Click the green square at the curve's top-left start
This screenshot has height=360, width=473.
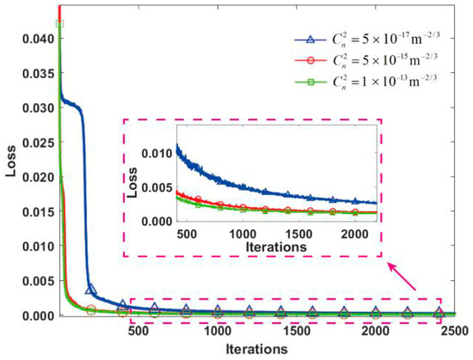[x=59, y=23]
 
